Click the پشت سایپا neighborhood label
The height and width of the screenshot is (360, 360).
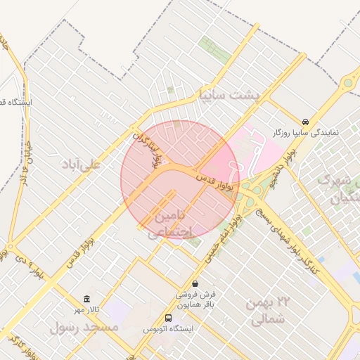coord(229,94)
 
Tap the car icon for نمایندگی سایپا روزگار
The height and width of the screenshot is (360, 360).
coord(305,121)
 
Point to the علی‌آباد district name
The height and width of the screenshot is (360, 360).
coord(82,164)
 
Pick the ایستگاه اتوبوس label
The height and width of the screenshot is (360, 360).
coord(166,329)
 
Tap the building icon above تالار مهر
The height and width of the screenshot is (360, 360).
coord(86,299)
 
